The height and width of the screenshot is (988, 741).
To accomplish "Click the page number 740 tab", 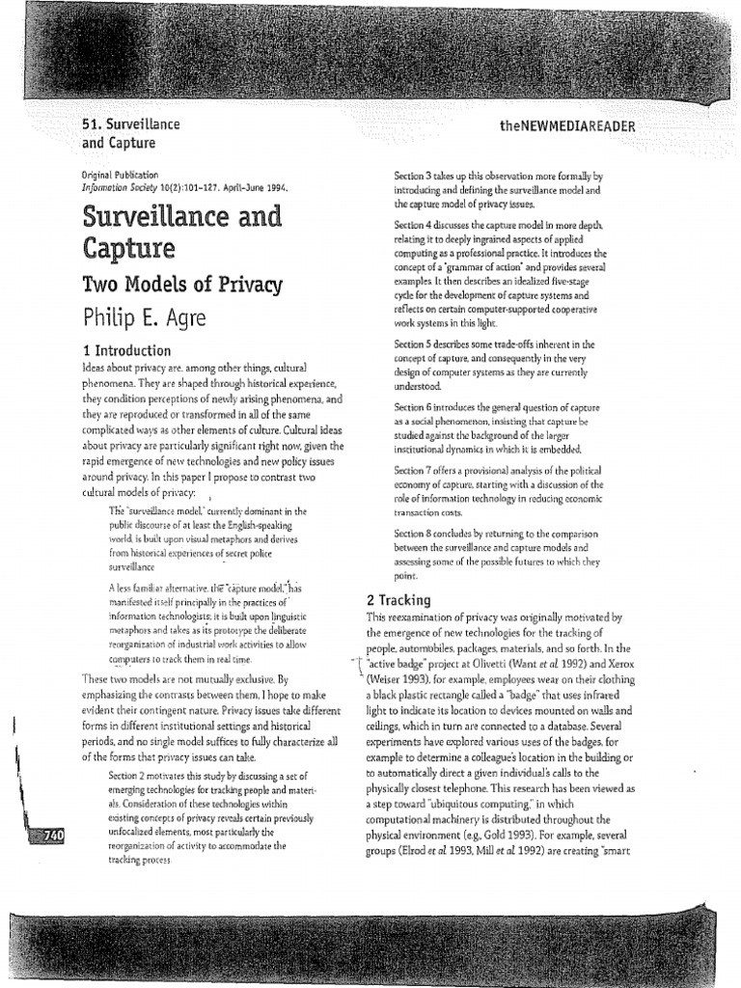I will pos(45,836).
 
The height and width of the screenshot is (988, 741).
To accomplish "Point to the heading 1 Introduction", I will pos(126,350).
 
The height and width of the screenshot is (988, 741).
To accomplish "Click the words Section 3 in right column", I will pos(418,177).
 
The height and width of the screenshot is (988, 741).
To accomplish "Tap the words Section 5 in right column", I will pos(418,344).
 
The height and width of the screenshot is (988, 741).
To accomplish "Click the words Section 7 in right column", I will pos(418,470).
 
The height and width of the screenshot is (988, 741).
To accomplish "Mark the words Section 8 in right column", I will pos(418,533).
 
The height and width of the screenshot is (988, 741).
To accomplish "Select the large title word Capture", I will pos(121,249).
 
